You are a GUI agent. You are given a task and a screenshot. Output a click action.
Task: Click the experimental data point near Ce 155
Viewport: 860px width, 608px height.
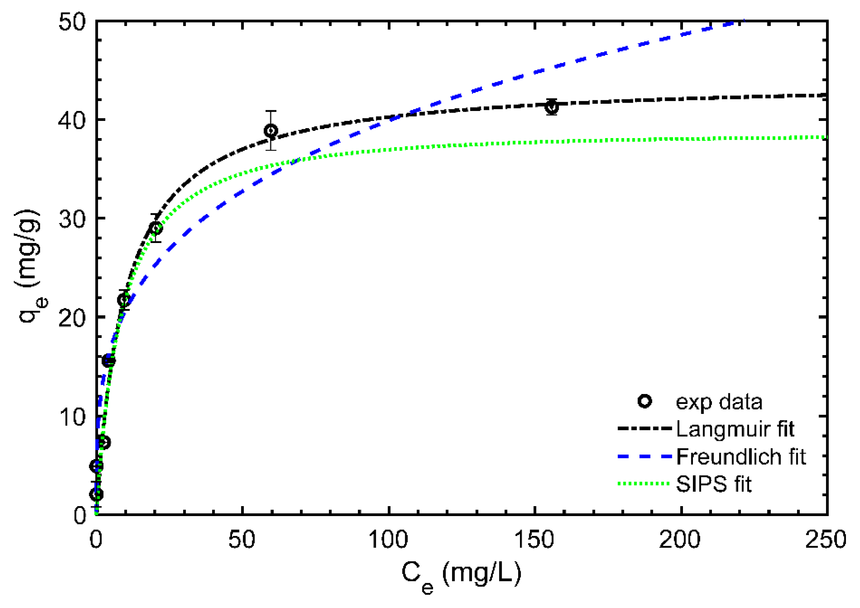551,107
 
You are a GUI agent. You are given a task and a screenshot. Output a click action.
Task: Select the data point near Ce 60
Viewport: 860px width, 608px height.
271,131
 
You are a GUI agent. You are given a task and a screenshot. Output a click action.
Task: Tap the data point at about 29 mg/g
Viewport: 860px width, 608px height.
155,228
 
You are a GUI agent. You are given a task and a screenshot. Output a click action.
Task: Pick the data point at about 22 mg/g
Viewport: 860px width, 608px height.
124,300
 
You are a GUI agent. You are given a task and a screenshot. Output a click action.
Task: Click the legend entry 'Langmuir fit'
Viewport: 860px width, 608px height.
735,429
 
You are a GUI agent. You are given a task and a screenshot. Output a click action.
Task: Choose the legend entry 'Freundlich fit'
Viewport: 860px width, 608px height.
741,457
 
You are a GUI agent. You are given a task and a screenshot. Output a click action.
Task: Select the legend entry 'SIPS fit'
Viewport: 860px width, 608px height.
713,484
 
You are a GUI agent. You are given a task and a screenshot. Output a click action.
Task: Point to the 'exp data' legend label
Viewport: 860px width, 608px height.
719,402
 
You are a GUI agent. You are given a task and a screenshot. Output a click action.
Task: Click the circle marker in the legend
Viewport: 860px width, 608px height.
645,401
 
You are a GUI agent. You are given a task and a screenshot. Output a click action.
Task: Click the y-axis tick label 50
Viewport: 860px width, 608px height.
72,22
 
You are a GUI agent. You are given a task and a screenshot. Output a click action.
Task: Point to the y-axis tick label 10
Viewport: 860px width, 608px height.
72,417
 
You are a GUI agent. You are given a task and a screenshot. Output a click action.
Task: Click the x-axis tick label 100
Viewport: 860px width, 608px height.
388,540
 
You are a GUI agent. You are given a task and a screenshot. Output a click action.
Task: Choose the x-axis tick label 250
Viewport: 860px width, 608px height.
826,540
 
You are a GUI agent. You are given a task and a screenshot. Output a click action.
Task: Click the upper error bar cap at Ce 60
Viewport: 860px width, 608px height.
271,111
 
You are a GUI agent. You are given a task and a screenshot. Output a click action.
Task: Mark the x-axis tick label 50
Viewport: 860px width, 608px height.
242,540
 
